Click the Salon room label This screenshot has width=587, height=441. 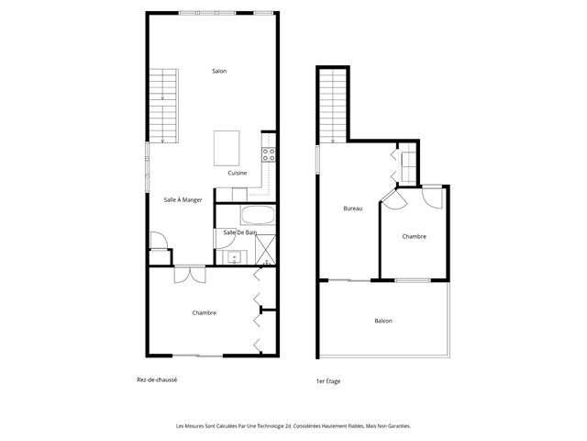click(x=219, y=72)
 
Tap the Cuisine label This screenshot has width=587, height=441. click(x=238, y=173)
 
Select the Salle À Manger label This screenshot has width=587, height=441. click(x=183, y=199)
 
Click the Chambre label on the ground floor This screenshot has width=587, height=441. click(x=205, y=312)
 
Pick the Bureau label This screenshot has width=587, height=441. click(x=352, y=209)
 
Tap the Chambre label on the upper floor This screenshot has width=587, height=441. click(x=414, y=236)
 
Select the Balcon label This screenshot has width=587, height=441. click(x=383, y=321)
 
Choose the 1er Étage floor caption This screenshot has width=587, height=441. click(x=327, y=380)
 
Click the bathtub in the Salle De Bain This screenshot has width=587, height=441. click(x=257, y=217)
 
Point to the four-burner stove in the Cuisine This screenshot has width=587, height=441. click(x=269, y=155)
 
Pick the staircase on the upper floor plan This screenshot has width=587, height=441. click(x=330, y=105)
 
